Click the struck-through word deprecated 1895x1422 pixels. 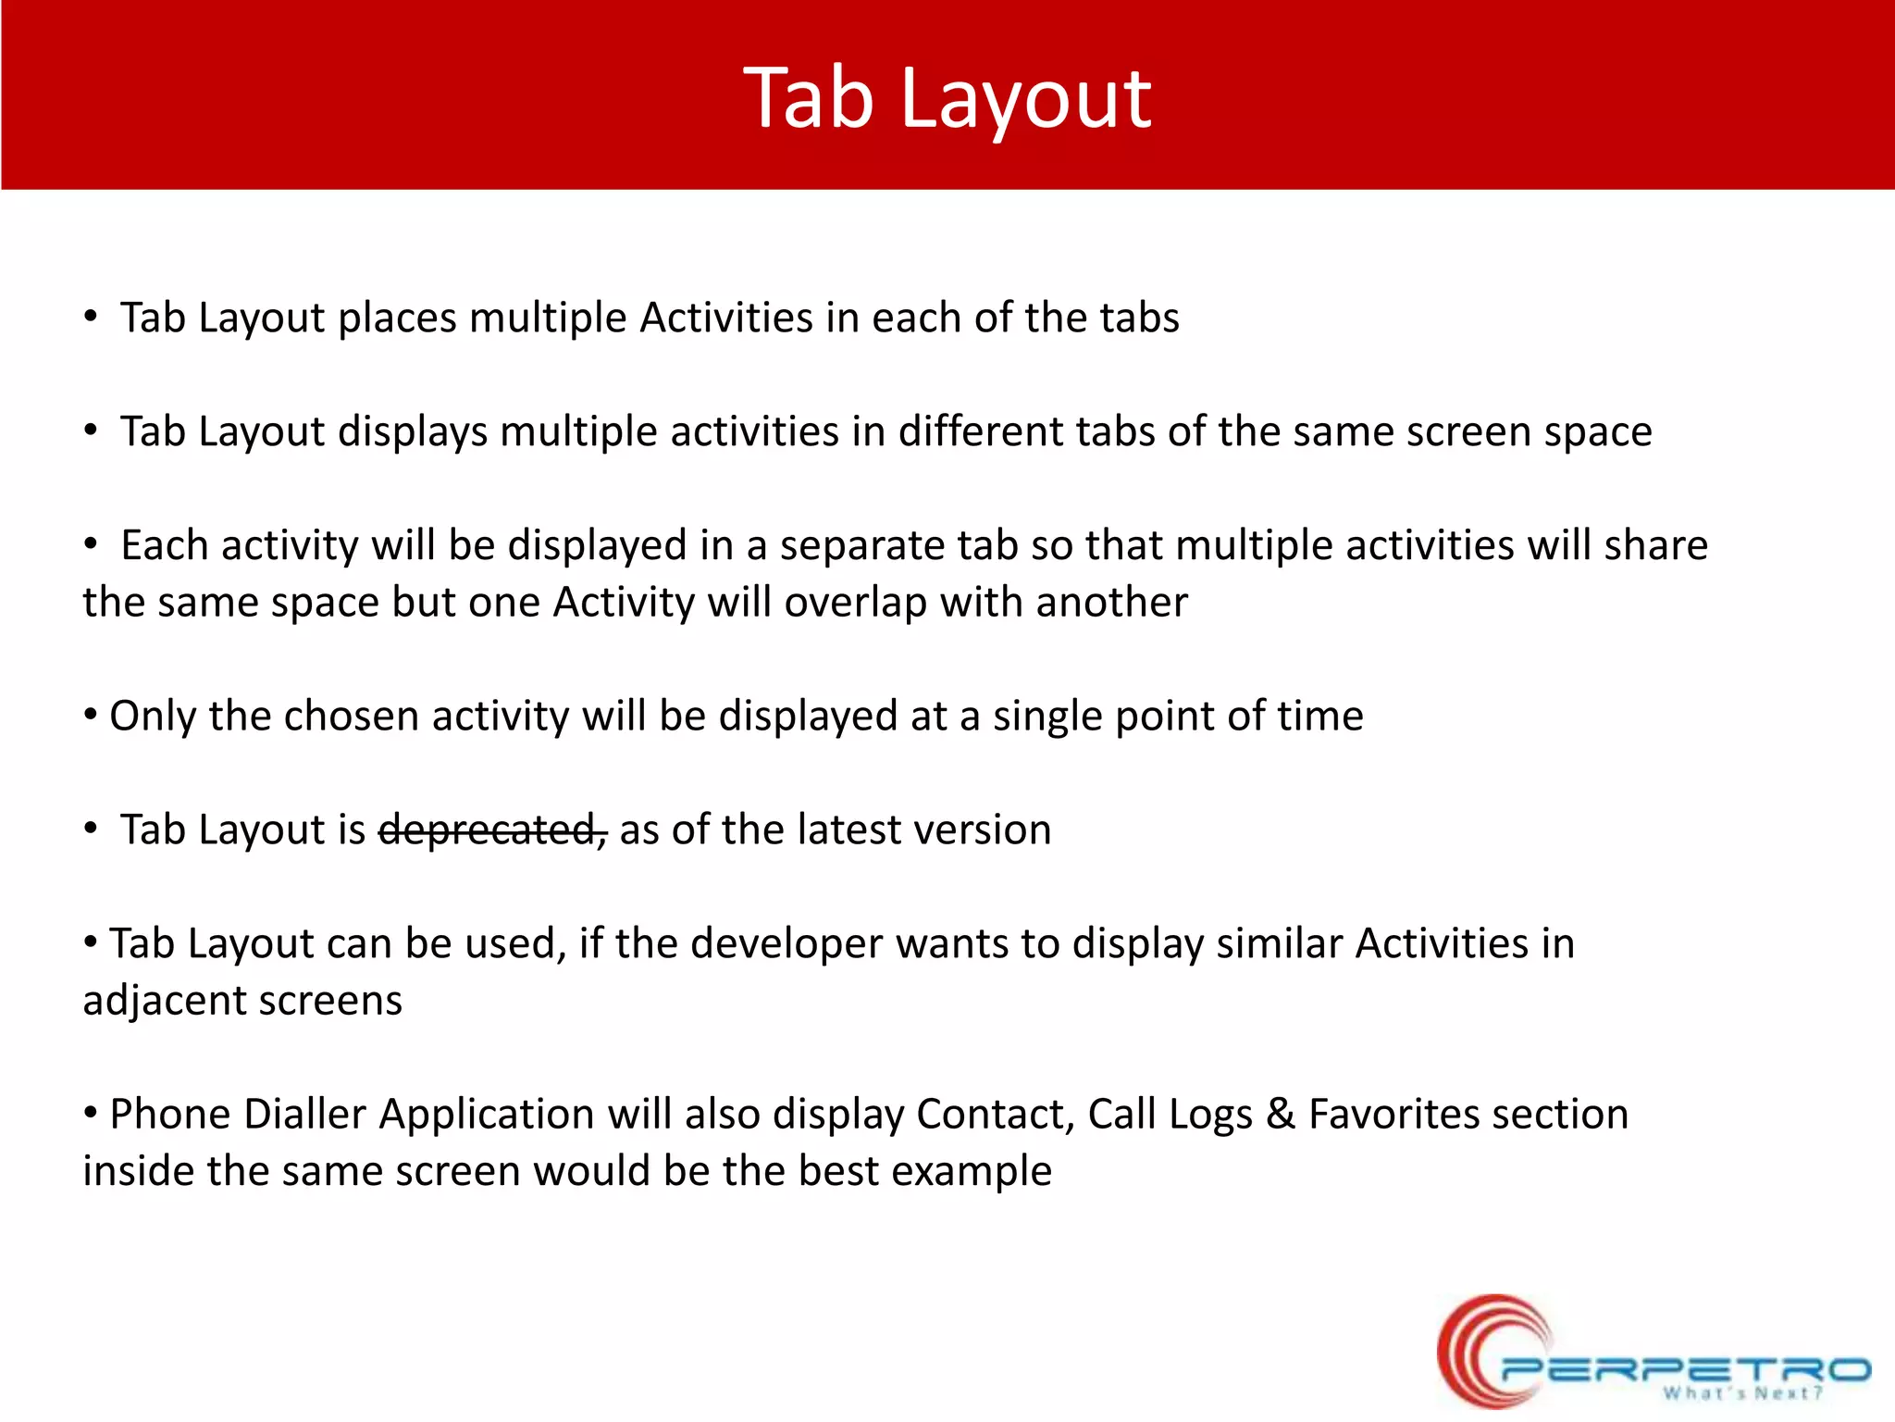pos(492,829)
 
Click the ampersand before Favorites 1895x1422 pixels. pos(1280,1114)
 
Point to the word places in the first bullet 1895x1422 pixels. pos(398,318)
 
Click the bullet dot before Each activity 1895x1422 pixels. pos(91,544)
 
